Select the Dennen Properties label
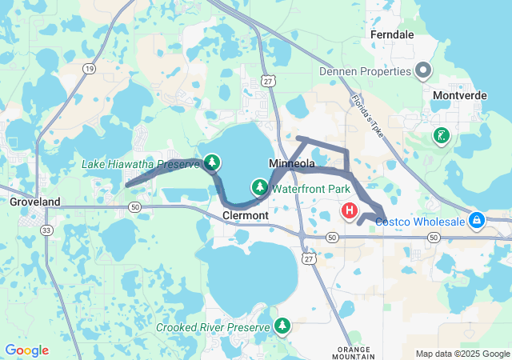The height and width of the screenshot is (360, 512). point(365,71)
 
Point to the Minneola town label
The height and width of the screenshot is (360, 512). point(292,163)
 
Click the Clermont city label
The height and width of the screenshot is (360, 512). point(245,216)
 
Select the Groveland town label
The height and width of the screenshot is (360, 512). point(34,202)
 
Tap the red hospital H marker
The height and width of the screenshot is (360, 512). point(350,211)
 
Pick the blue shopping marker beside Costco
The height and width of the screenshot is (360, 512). point(477,218)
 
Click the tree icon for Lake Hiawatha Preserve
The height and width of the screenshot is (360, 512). point(212,163)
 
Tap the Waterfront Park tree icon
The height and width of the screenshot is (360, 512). point(259,188)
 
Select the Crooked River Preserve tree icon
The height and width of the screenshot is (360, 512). point(282,326)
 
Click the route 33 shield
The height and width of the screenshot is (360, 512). point(46,230)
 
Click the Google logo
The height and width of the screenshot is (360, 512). point(26,350)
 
